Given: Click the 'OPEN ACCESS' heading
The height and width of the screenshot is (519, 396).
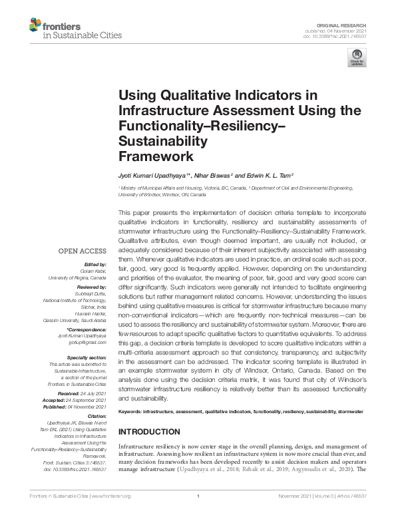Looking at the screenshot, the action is pyautogui.click(x=83, y=251).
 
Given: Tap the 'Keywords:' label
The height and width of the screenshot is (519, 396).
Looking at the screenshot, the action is pyautogui.click(x=131, y=413).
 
